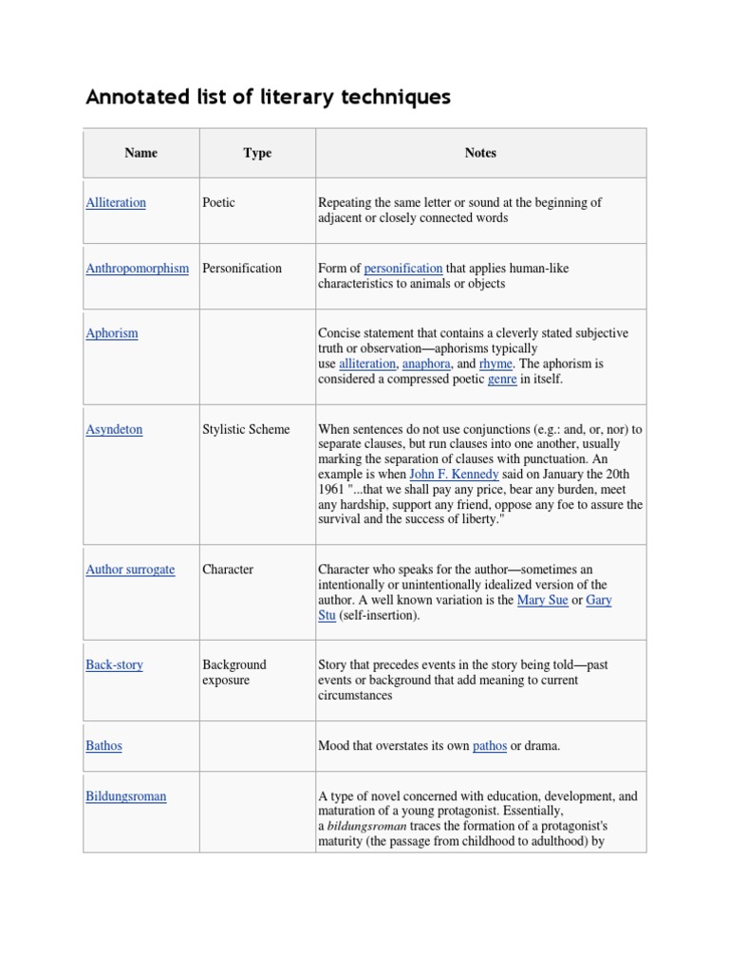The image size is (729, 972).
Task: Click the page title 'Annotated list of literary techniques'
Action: [x=268, y=97]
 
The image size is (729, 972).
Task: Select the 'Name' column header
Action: [x=140, y=153]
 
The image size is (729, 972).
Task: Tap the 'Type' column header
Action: [x=257, y=153]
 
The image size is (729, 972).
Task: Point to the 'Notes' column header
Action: [x=480, y=153]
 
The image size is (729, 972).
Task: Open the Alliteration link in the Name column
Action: [x=116, y=202]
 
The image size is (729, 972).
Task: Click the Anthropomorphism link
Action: [x=137, y=268]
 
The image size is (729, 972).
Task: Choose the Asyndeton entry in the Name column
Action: [x=114, y=429]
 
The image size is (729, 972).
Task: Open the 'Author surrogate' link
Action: [x=130, y=570]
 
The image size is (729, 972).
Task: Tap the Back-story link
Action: [x=114, y=664]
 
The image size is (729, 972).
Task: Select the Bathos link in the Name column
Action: [x=103, y=745]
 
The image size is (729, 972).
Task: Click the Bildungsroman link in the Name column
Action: [x=125, y=795]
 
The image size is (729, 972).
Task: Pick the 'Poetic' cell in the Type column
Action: [x=218, y=202]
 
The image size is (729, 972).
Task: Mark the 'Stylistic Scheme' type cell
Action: [x=246, y=429]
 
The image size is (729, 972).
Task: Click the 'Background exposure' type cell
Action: [x=234, y=672]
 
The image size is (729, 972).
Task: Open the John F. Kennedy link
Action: [x=454, y=474]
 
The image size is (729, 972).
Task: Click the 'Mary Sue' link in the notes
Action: [x=542, y=600]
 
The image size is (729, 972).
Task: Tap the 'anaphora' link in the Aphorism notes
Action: [x=426, y=364]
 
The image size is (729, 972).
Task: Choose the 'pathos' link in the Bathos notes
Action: [x=490, y=745]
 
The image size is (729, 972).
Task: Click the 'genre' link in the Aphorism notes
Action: [x=502, y=379]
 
